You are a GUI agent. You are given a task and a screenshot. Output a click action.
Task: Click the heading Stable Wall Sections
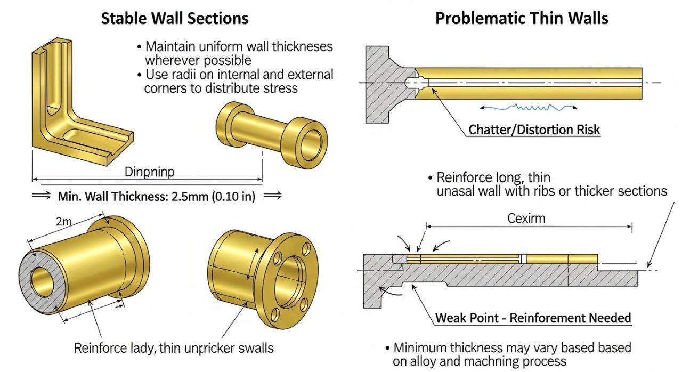(175, 19)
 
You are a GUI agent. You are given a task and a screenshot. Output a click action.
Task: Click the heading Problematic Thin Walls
(522, 19)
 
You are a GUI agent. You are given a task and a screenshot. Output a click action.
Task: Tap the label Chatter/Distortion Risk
(534, 130)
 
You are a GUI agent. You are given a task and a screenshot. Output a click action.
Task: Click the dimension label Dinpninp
(149, 172)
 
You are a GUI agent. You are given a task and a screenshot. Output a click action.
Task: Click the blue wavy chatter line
(527, 108)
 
